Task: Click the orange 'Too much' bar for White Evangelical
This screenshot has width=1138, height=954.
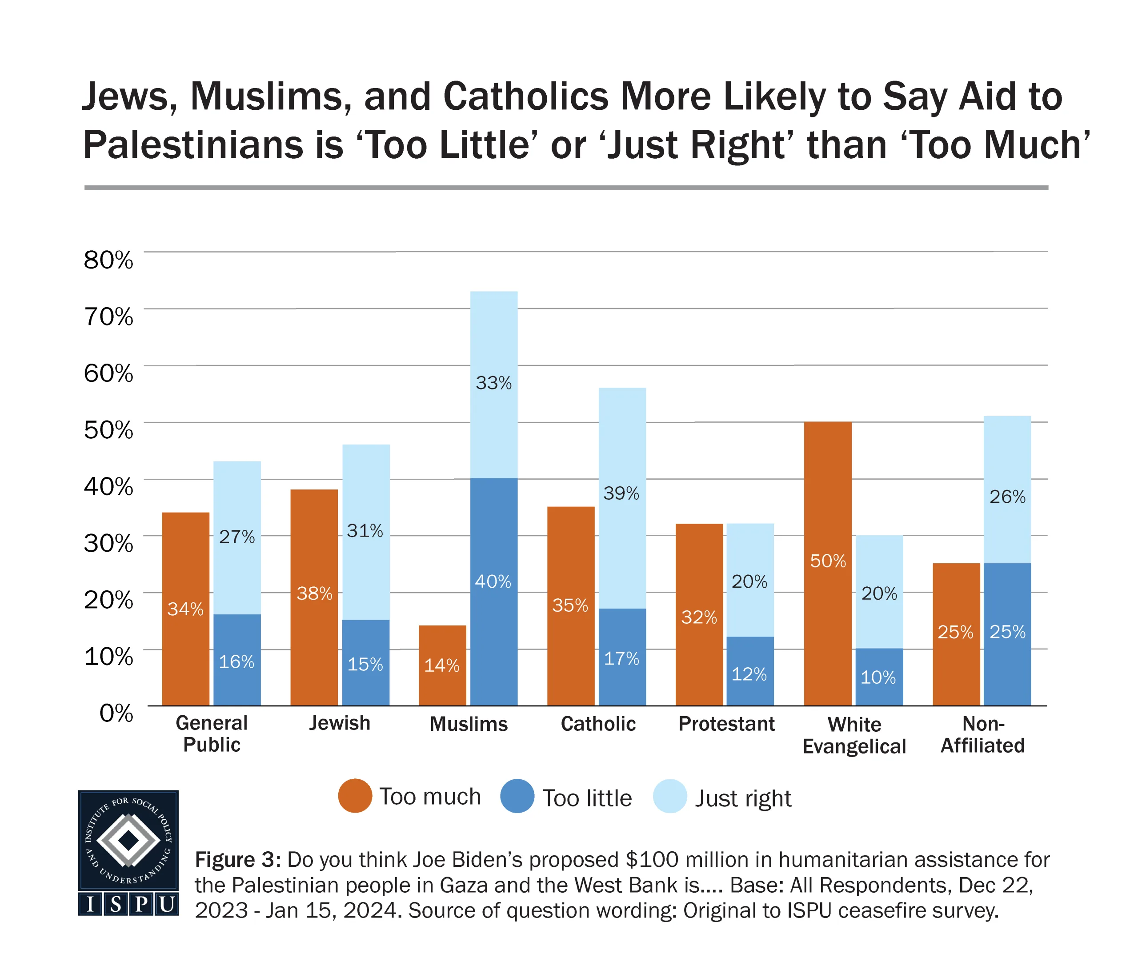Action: click(827, 564)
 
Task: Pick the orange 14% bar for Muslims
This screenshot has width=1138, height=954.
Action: click(442, 665)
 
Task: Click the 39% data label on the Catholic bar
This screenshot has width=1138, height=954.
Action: click(621, 494)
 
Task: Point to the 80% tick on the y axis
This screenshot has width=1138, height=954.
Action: click(108, 260)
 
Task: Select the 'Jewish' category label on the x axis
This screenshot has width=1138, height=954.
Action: click(340, 724)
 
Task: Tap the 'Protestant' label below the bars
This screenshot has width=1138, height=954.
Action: click(727, 724)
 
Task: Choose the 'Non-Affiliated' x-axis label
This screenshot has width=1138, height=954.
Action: click(982, 735)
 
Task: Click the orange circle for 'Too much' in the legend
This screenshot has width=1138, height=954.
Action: click(355, 796)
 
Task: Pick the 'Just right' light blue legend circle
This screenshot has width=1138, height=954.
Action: click(670, 796)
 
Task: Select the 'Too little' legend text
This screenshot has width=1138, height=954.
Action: click(587, 798)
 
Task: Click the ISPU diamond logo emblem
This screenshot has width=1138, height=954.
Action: click(128, 841)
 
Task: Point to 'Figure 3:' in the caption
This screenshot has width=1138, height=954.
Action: click(238, 860)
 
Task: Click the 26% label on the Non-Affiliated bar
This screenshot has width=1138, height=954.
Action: click(1007, 497)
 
